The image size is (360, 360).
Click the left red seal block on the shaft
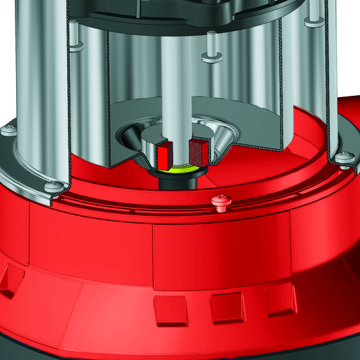pyautogui.click(x=165, y=152)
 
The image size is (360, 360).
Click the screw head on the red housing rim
pyautogui.click(x=221, y=201)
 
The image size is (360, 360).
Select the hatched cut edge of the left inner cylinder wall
pyautogui.click(x=110, y=105)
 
